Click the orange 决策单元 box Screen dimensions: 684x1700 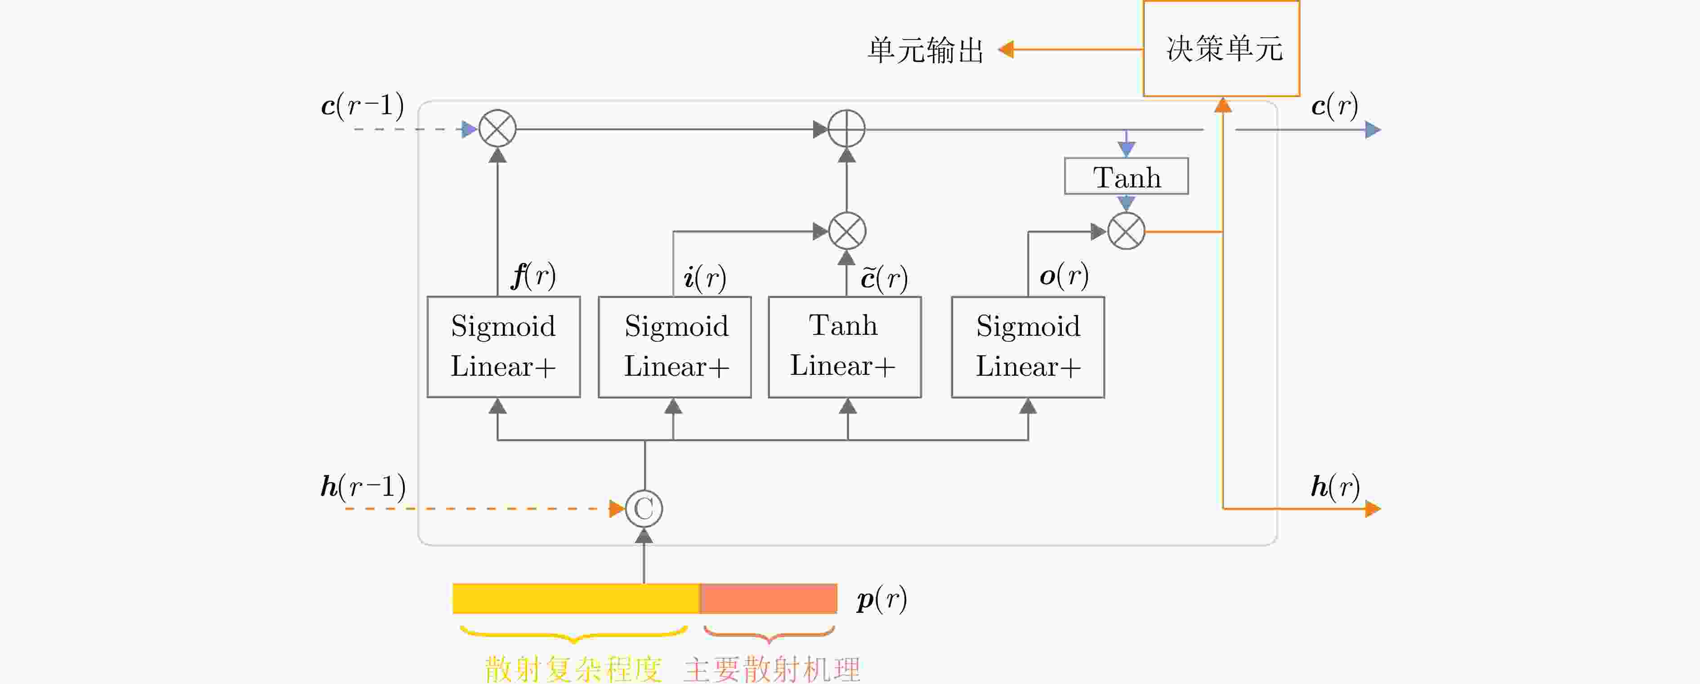point(1221,49)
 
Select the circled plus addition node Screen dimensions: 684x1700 point(847,129)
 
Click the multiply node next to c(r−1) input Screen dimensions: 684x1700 point(497,129)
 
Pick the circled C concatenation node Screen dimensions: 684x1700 point(644,509)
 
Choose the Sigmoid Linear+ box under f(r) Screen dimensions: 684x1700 point(504,347)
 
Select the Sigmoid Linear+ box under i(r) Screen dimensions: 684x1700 point(675,347)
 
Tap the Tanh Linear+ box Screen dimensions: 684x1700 point(845,347)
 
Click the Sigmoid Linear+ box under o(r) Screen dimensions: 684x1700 point(1028,347)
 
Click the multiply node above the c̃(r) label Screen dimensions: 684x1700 point(847,231)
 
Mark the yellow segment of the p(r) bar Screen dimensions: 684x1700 point(576,598)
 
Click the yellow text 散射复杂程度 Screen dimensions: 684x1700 point(573,669)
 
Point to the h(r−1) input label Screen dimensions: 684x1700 point(363,487)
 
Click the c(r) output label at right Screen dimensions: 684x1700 point(1334,106)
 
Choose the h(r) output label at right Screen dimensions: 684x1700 point(1334,487)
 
